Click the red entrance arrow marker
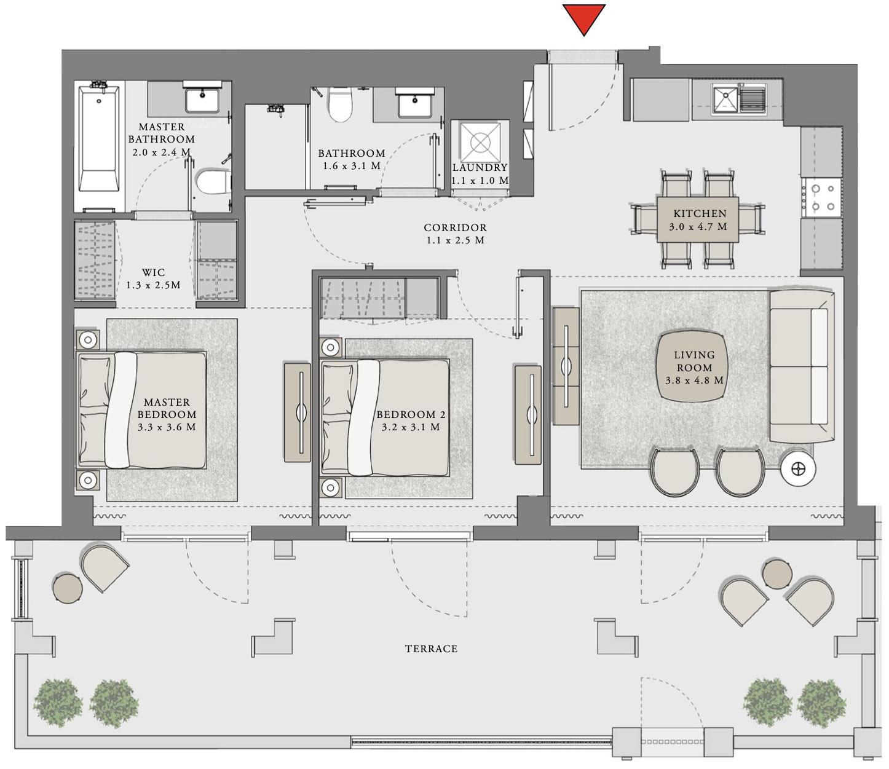(583, 18)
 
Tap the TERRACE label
(431, 649)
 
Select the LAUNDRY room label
(480, 167)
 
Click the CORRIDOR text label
(455, 227)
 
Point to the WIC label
(153, 272)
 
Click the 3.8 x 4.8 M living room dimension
(694, 381)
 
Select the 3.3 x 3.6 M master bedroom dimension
(167, 427)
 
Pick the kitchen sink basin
(725, 98)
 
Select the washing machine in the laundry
(480, 141)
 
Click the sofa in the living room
(800, 366)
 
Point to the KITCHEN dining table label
(699, 214)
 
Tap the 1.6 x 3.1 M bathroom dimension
(352, 166)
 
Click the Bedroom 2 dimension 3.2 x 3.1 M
(410, 427)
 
